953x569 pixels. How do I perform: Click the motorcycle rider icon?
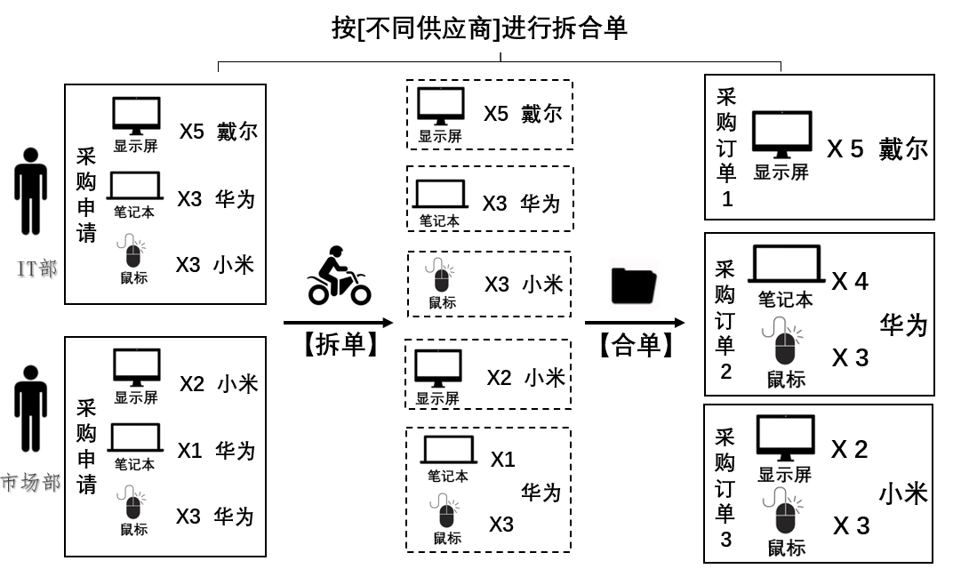coord(339,276)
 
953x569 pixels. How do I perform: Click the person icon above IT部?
coord(31,191)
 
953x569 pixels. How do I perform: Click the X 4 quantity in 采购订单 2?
coord(850,282)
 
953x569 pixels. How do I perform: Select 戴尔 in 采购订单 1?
coord(902,148)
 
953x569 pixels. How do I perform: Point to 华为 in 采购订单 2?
coord(903,325)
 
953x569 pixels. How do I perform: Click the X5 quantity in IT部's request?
coord(191,132)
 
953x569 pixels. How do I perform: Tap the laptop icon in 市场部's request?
coord(134,438)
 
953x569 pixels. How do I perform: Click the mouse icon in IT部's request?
coord(133,253)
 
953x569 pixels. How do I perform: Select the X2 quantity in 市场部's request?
coord(192,384)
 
